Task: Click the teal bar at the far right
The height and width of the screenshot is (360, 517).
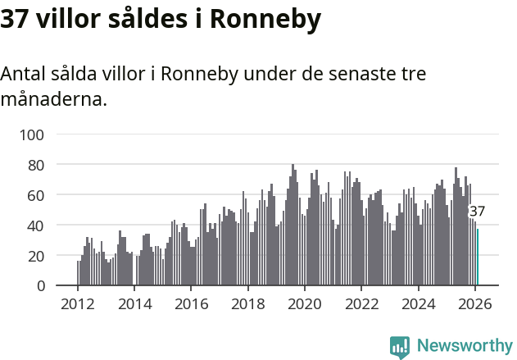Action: (x=478, y=257)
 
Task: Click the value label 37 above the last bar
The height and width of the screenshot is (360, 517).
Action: (x=477, y=212)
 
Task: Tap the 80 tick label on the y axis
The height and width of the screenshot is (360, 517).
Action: (x=36, y=165)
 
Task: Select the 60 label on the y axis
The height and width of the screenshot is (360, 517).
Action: (x=36, y=195)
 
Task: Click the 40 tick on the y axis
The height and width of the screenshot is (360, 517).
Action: (x=36, y=226)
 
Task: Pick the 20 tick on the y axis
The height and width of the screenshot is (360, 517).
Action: (x=36, y=256)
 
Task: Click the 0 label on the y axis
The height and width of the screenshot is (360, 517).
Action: (x=40, y=286)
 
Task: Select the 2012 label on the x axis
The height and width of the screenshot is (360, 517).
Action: (x=78, y=303)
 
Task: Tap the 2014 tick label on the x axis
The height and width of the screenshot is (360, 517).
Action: (x=134, y=303)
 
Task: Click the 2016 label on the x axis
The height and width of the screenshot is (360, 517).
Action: (x=191, y=303)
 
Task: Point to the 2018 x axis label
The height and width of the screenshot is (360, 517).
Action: (x=247, y=303)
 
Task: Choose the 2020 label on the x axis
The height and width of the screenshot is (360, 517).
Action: (x=305, y=303)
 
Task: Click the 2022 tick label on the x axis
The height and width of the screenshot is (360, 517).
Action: (x=361, y=303)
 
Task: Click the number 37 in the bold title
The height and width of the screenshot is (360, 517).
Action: (x=16, y=21)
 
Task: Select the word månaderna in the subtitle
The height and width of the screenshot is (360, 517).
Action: (x=53, y=100)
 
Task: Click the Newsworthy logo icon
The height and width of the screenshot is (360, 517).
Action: (x=400, y=347)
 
